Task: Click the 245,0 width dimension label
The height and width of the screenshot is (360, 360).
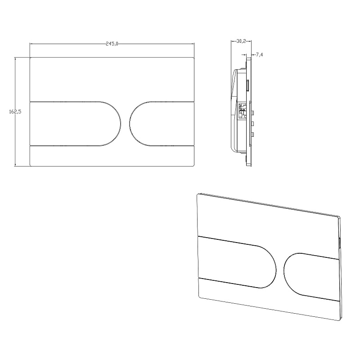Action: pyautogui.click(x=112, y=44)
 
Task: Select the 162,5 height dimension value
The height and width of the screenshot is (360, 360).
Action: pyautogui.click(x=15, y=112)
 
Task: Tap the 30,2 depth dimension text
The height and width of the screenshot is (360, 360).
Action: pyautogui.click(x=241, y=41)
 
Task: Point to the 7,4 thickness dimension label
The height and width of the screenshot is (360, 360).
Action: pyautogui.click(x=260, y=54)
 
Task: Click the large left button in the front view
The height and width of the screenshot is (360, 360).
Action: pyautogui.click(x=75, y=123)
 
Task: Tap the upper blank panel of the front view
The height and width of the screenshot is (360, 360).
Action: pyautogui.click(x=112, y=79)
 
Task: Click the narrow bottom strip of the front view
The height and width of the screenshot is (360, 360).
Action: pyautogui.click(x=112, y=156)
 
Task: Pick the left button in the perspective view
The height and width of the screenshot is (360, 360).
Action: pyautogui.click(x=237, y=262)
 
